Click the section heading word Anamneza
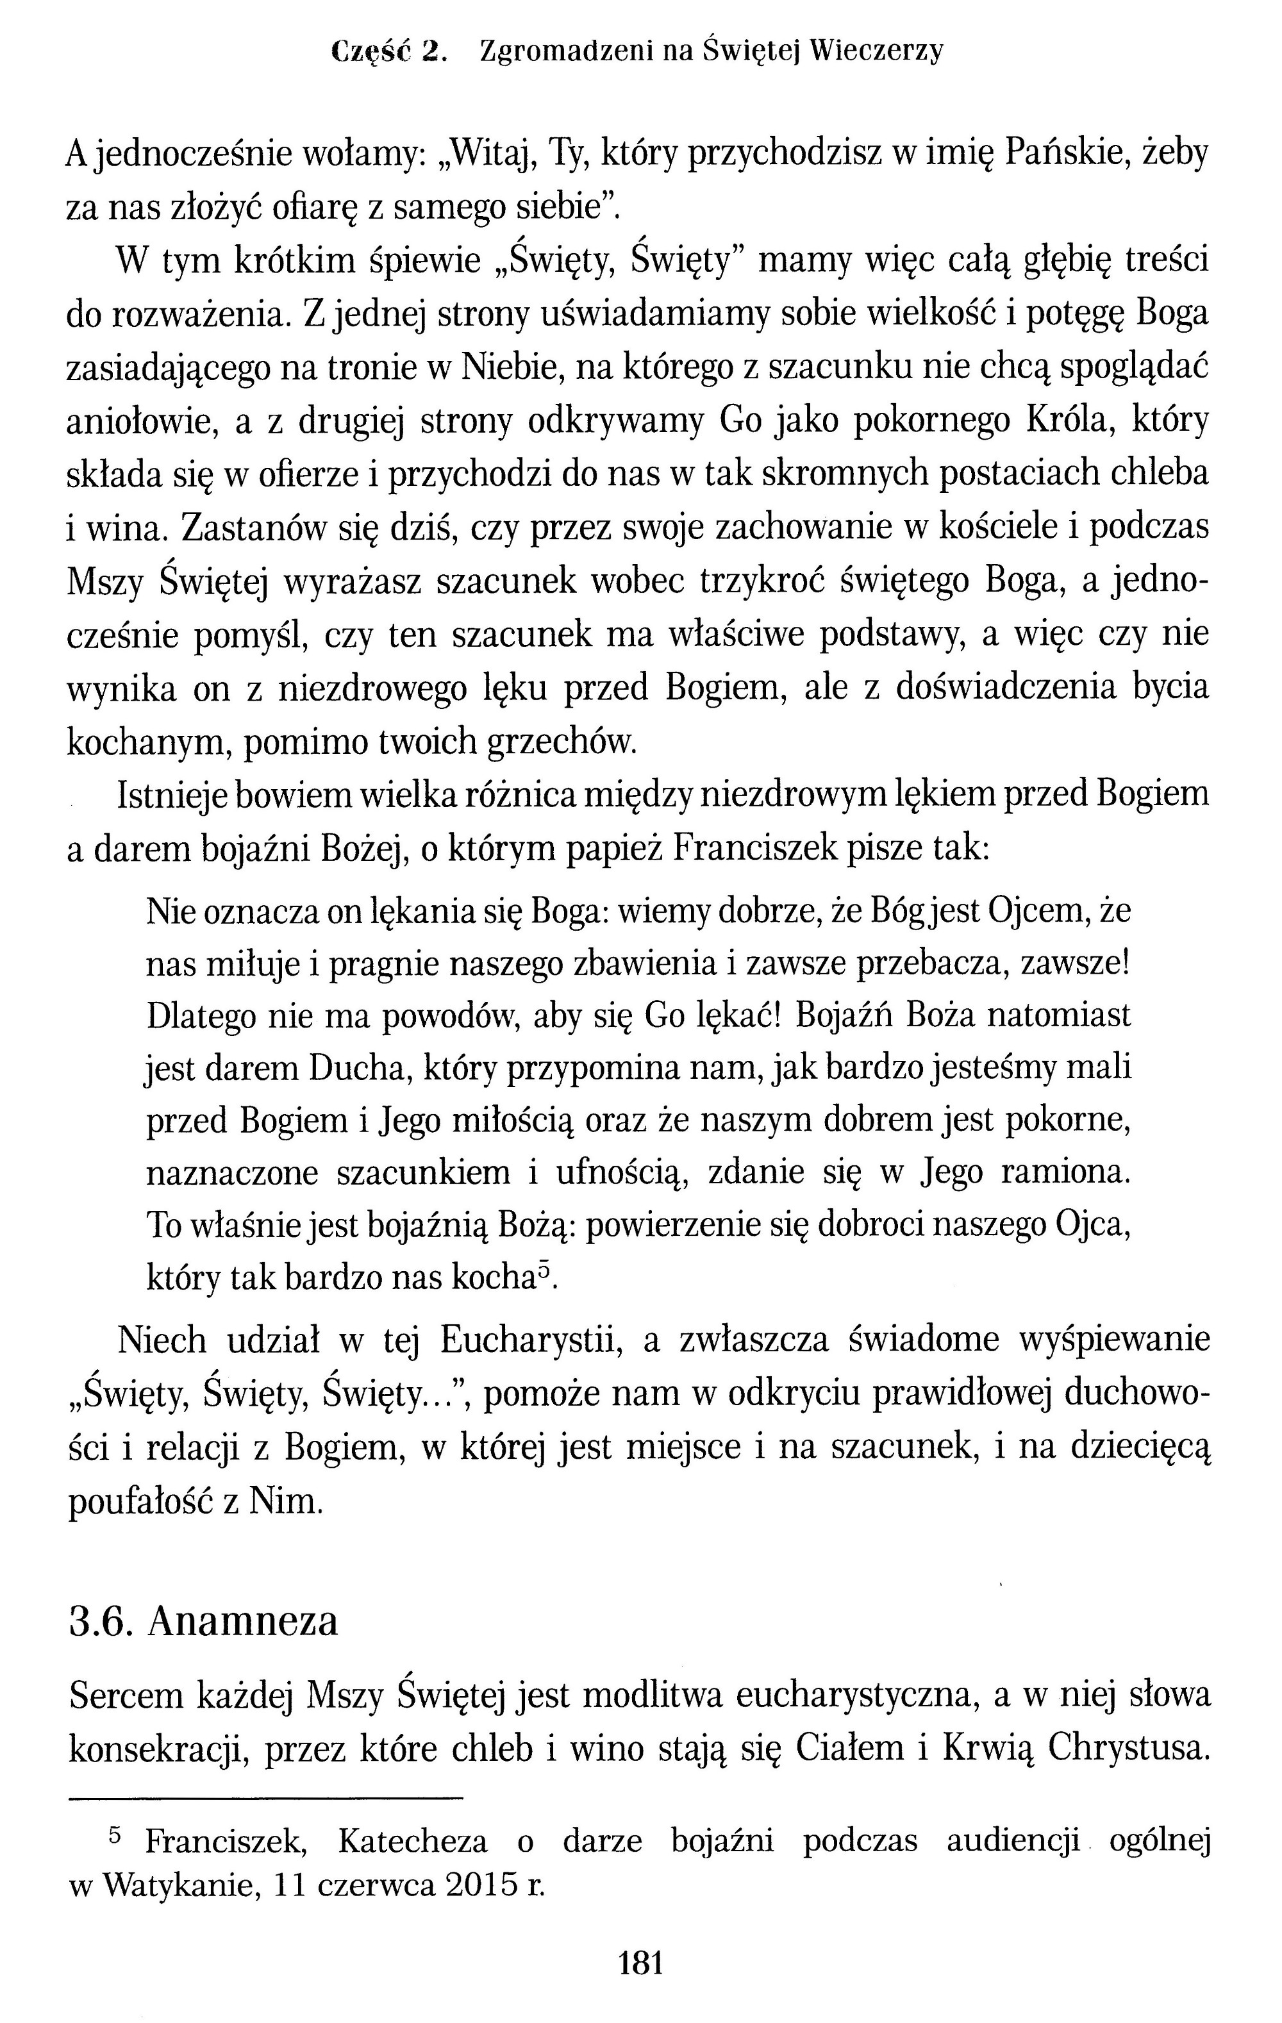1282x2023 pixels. pos(243,1622)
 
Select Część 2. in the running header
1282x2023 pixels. pos(387,52)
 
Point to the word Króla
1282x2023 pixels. pos(1068,421)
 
